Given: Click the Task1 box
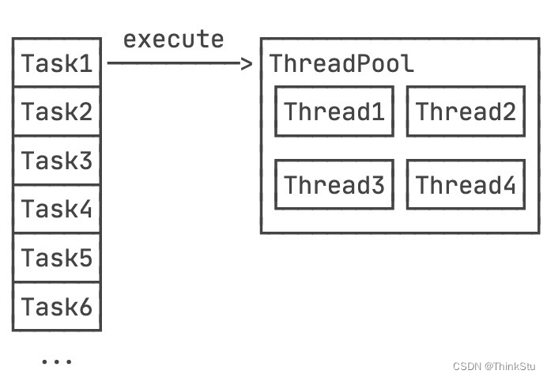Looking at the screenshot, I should pos(57,62).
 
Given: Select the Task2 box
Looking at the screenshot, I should pos(57,112).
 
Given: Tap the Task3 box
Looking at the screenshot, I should pos(57,161).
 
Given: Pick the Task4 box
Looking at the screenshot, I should pos(57,210).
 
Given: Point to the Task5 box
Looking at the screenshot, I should pos(57,258).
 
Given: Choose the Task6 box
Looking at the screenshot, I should pos(57,306).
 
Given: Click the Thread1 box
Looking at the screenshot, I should pos(334,112).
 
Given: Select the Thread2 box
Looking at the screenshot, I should pos(466,112).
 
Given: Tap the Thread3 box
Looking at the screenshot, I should pos(334,185).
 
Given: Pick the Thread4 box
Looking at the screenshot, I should pos(466,185).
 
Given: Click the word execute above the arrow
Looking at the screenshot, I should pos(174,39).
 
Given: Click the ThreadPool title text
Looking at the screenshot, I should pos(341,63).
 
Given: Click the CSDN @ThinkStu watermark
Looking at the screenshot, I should pos(494,366).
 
